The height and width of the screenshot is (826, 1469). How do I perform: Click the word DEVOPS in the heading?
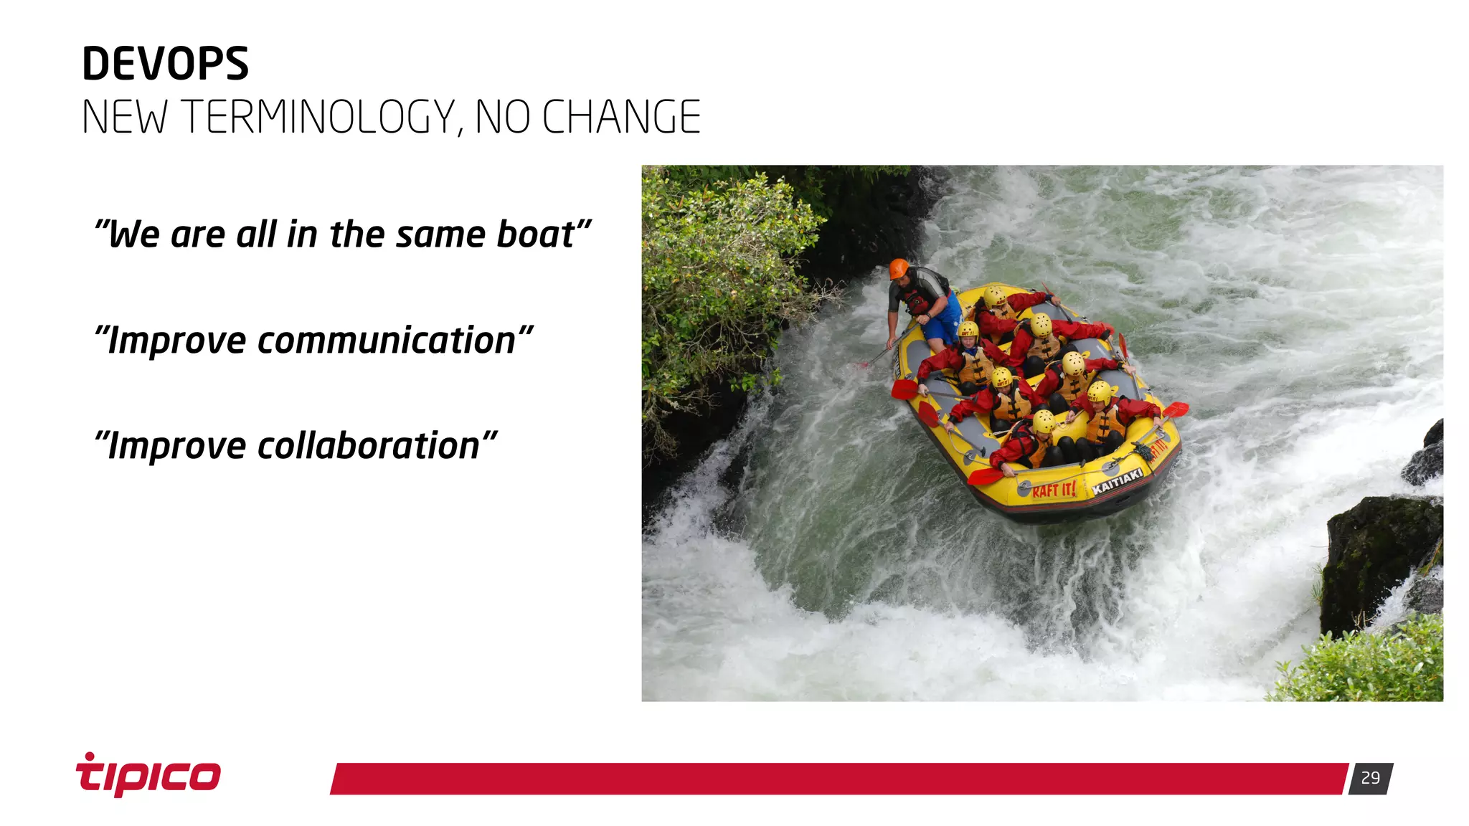tap(165, 64)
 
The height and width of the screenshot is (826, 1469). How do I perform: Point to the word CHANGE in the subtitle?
tap(621, 117)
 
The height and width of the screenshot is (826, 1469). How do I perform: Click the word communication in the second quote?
tap(386, 341)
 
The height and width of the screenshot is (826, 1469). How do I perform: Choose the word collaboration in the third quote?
tap(368, 446)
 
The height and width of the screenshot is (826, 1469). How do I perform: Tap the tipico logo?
tap(148, 776)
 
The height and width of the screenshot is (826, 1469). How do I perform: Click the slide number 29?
tap(1370, 778)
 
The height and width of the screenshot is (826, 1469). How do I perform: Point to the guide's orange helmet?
tap(899, 269)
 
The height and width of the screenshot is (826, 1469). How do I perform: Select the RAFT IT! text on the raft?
tap(1054, 490)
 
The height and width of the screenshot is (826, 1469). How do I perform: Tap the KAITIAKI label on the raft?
tap(1117, 481)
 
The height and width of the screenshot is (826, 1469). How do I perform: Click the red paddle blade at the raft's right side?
tap(1176, 409)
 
